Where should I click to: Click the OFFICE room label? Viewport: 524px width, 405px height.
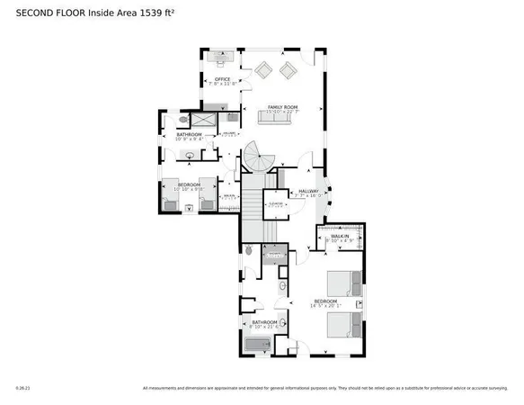coord(222,80)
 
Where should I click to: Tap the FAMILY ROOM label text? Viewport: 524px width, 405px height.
coord(282,107)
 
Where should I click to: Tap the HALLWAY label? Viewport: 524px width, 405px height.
coord(308,191)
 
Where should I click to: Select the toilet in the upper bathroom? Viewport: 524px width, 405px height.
coord(184,119)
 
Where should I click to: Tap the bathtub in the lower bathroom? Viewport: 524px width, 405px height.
coord(260,345)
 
